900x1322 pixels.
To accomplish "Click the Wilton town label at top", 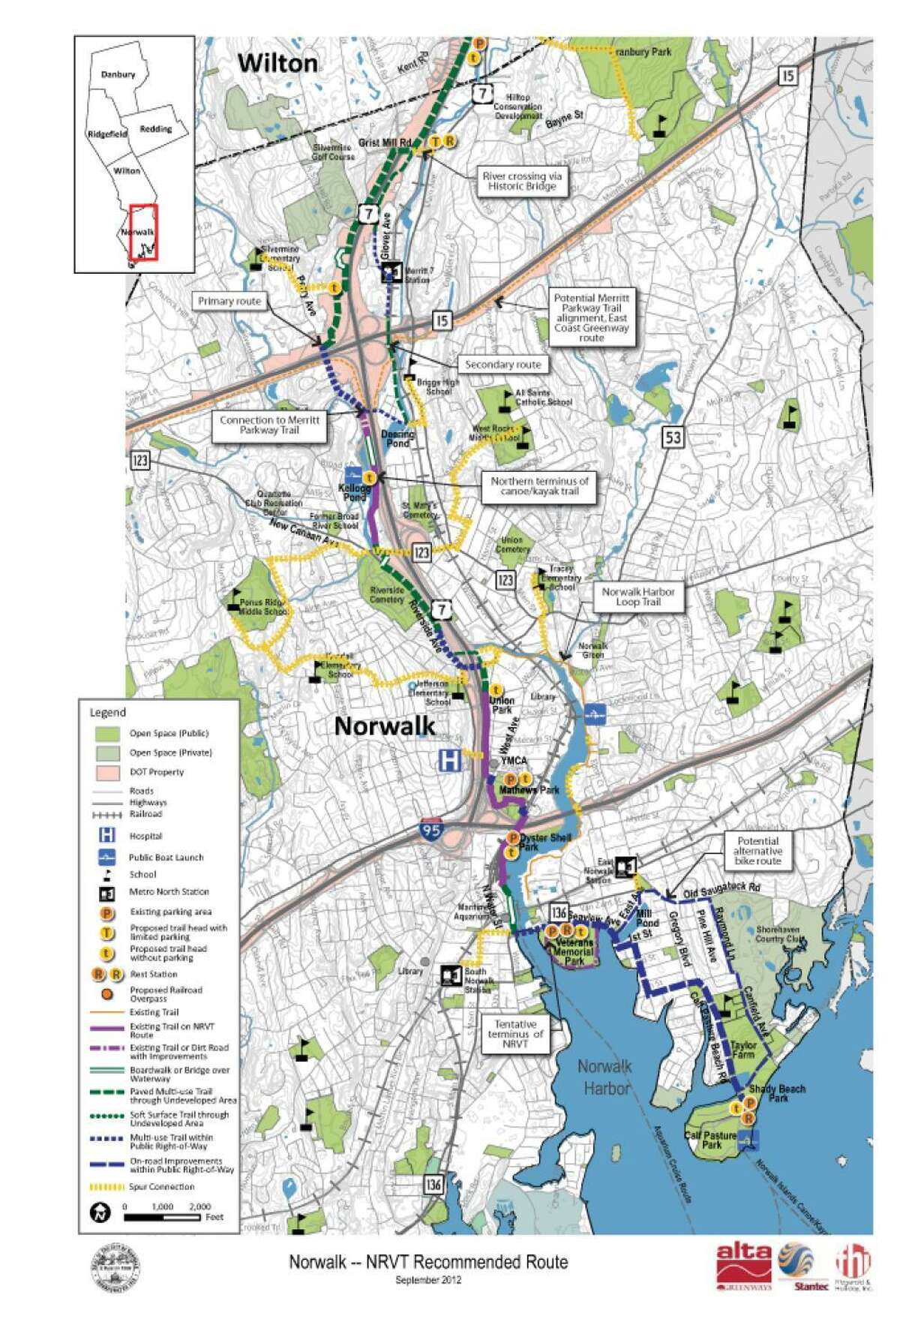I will [x=277, y=64].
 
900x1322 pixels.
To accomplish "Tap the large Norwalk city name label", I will [x=384, y=726].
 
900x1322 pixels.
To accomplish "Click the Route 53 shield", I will [x=673, y=436].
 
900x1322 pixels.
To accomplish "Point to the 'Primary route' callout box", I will [x=229, y=302].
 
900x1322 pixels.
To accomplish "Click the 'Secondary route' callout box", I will [x=503, y=365].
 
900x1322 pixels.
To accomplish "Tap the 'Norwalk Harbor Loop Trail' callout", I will [x=638, y=596].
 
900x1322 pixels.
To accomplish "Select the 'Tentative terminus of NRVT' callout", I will [x=515, y=1035].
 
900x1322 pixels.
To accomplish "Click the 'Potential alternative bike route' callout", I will [x=757, y=851].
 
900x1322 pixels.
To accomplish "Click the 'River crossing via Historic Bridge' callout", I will [x=522, y=181].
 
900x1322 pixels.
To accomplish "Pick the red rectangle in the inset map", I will [x=143, y=232].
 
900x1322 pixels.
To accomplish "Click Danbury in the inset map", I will [x=118, y=75].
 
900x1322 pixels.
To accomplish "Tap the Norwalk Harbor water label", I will [x=605, y=1077].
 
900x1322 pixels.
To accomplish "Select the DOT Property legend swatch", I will [x=109, y=772].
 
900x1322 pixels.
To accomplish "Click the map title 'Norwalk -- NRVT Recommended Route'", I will [x=428, y=1262].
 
